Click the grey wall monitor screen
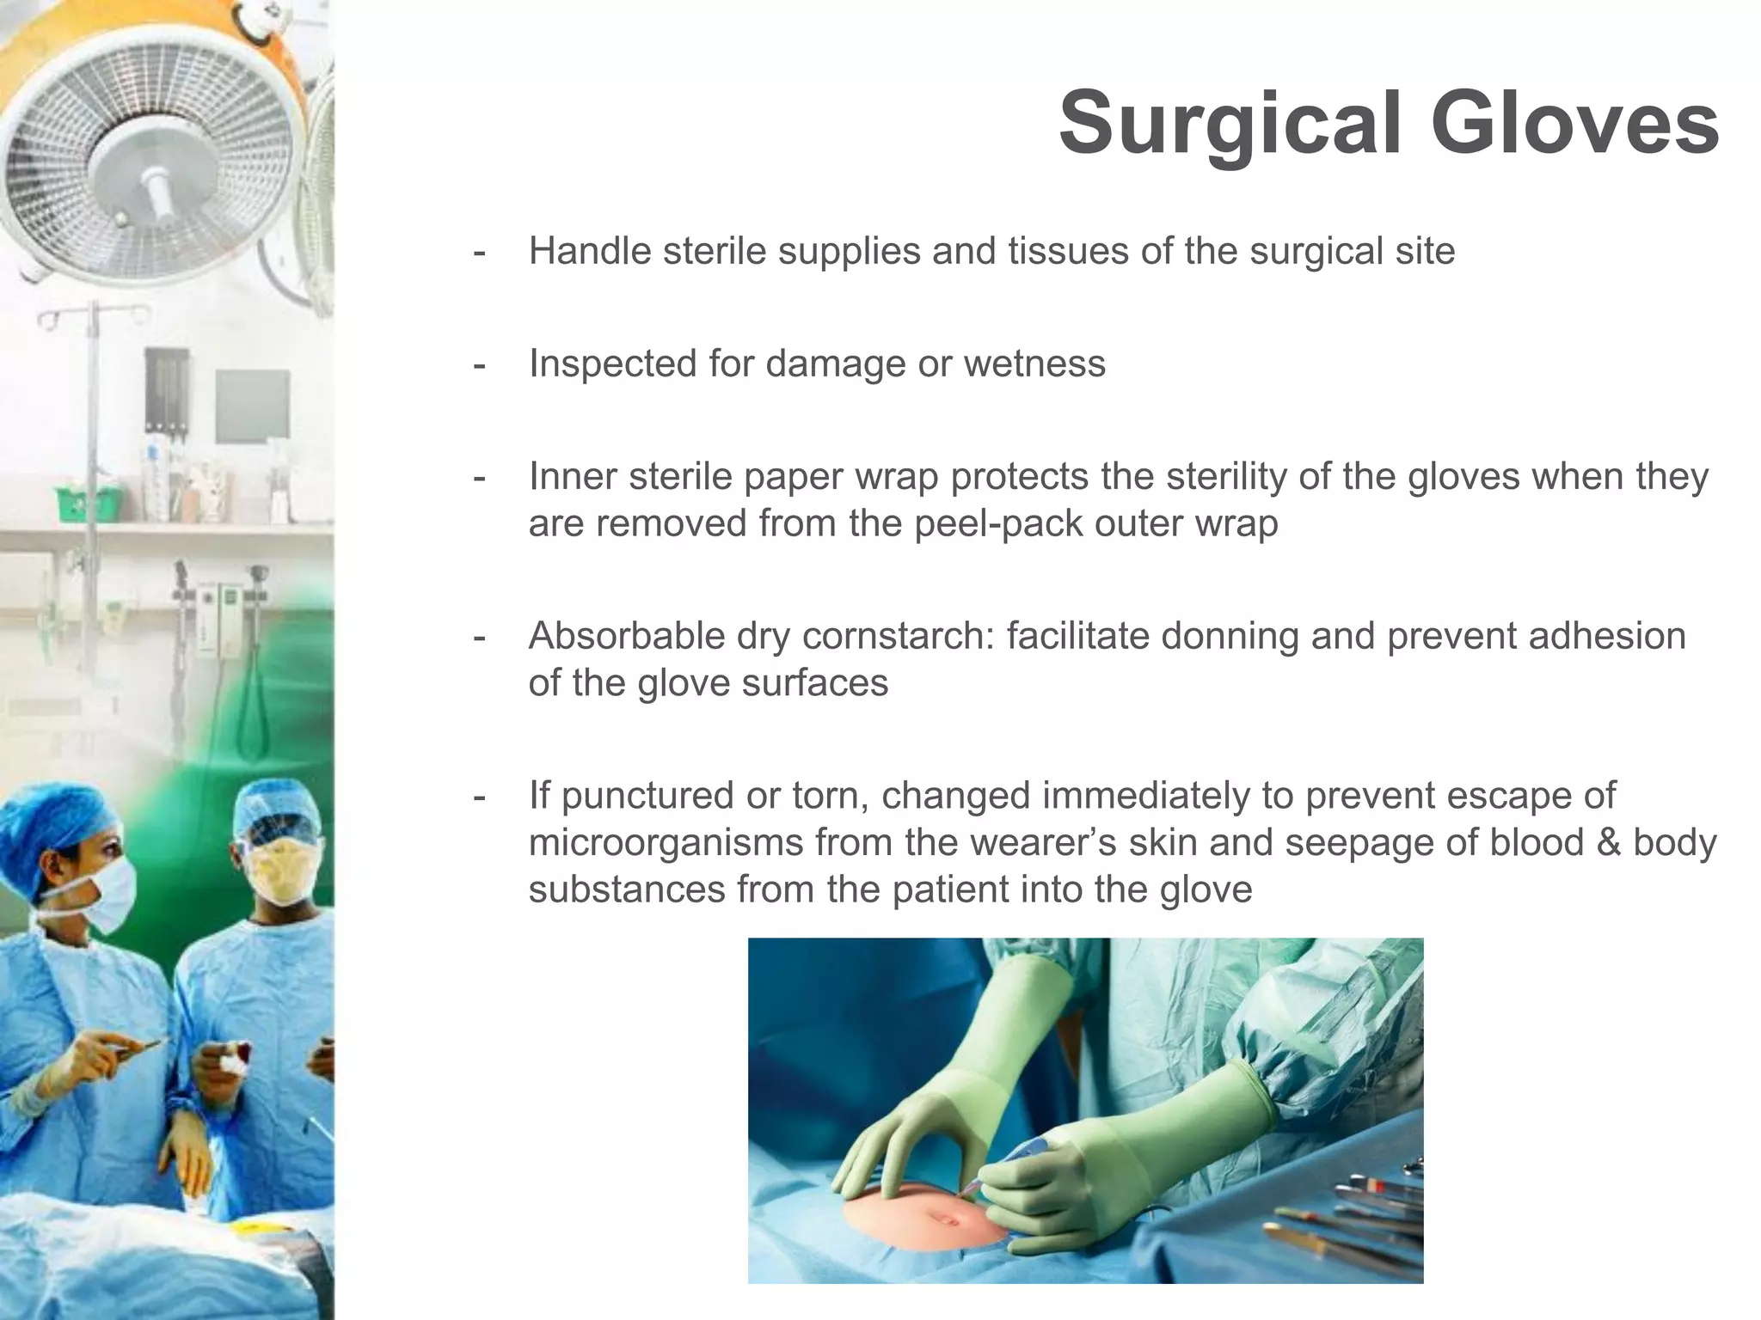[252, 406]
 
